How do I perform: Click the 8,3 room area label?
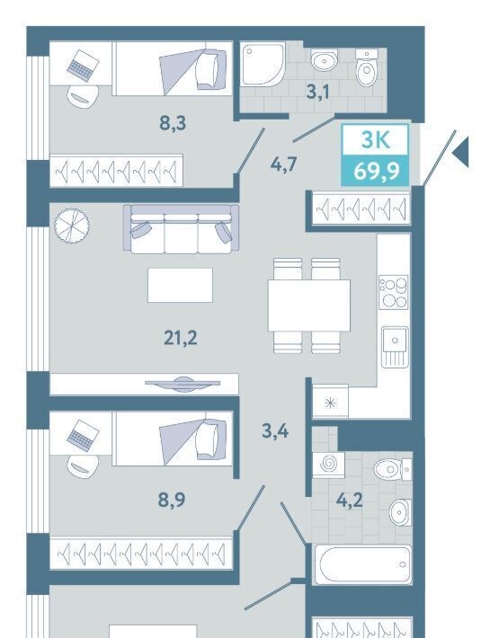pyautogui.click(x=173, y=122)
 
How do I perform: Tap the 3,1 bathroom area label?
pyautogui.click(x=317, y=92)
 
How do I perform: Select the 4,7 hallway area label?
pyautogui.click(x=284, y=164)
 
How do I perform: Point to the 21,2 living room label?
pyautogui.click(x=181, y=338)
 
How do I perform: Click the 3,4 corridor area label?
pyautogui.click(x=275, y=430)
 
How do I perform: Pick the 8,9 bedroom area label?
pyautogui.click(x=172, y=500)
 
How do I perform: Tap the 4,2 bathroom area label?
pyautogui.click(x=349, y=500)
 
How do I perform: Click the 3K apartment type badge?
pyautogui.click(x=375, y=139)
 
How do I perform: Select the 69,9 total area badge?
pyautogui.click(x=375, y=171)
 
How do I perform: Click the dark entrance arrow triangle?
pyautogui.click(x=462, y=152)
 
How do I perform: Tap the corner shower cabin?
pyautogui.click(x=263, y=65)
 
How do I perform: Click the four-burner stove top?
pyautogui.click(x=393, y=292)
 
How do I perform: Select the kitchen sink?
pyautogui.click(x=395, y=347)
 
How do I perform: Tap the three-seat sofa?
pyautogui.click(x=181, y=228)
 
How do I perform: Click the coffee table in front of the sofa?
pyautogui.click(x=180, y=285)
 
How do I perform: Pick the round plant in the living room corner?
pyautogui.click(x=72, y=226)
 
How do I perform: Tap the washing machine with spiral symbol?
pyautogui.click(x=328, y=465)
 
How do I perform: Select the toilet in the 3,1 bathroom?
pyautogui.click(x=367, y=67)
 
